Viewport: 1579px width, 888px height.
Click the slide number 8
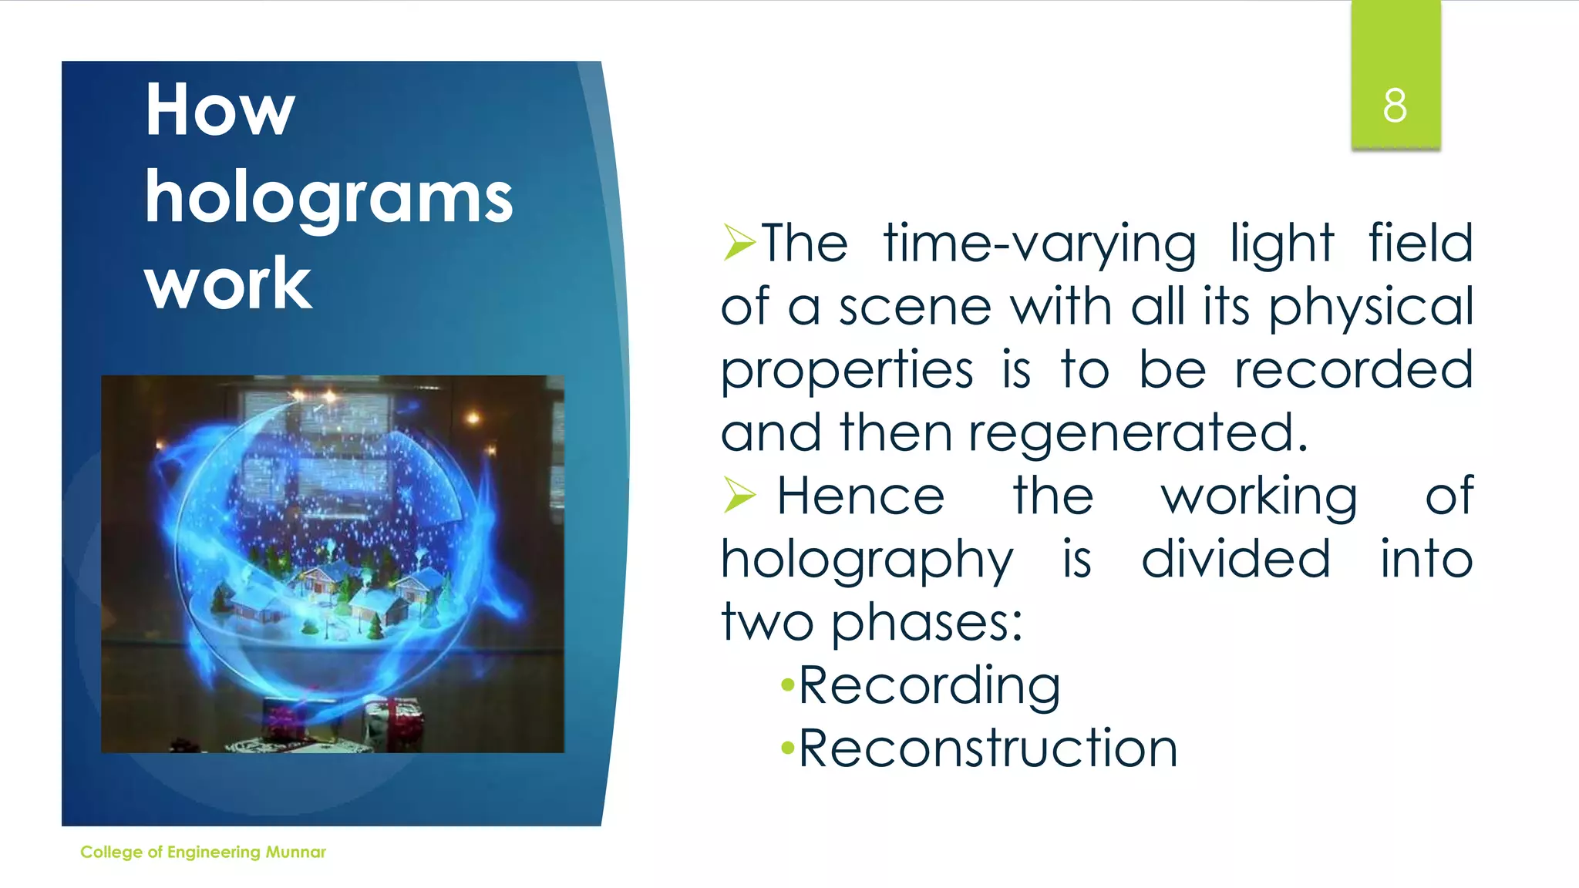pos(1395,106)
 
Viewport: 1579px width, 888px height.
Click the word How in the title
pos(220,110)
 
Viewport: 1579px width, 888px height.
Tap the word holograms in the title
pos(328,198)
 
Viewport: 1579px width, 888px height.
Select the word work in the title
pos(228,284)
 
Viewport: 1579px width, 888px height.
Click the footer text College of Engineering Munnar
pos(203,852)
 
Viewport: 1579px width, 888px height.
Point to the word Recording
pos(929,685)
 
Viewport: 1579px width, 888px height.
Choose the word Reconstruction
pos(988,748)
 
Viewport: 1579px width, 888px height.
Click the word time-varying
pos(1039,244)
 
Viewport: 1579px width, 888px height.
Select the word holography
pos(867,560)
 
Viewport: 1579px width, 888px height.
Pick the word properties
pos(847,371)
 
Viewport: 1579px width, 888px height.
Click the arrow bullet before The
pos(739,243)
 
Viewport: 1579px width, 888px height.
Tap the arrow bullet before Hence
pos(739,495)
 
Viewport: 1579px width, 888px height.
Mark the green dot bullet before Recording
pos(787,684)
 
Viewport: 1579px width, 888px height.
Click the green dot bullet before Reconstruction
pos(787,748)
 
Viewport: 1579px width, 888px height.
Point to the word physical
pos(1371,308)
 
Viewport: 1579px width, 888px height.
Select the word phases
pos(927,622)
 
